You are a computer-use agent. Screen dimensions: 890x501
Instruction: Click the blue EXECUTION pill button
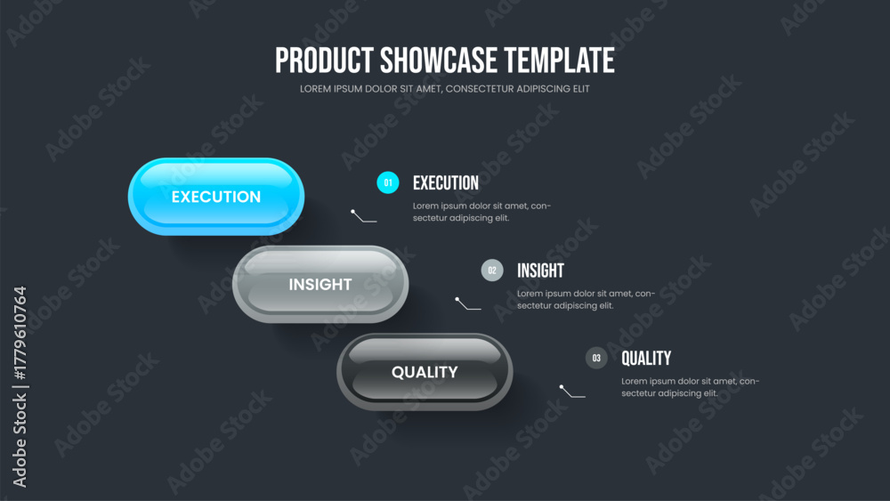pos(216,197)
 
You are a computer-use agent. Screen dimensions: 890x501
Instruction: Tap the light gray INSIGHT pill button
pos(320,284)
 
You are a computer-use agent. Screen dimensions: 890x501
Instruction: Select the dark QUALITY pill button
pos(425,372)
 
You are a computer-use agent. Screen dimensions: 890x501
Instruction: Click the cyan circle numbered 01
pos(388,182)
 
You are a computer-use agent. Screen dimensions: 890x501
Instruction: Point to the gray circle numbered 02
pos(492,270)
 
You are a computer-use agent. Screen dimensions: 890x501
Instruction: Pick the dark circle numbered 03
pos(596,358)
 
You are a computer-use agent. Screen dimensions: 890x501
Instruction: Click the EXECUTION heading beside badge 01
pos(446,182)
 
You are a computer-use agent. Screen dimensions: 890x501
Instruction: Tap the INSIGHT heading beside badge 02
pos(540,271)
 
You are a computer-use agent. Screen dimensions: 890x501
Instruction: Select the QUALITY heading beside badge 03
pos(646,358)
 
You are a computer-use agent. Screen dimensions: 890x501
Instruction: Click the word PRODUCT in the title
pos(324,61)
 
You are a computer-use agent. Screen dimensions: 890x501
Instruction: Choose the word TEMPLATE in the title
pos(559,61)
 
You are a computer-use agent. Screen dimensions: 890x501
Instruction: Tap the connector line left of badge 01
pos(363,216)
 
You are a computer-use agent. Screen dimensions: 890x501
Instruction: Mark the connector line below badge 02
pos(468,303)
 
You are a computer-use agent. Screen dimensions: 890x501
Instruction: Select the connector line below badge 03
pos(572,392)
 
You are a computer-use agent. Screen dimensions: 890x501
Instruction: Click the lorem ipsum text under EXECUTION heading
pos(481,212)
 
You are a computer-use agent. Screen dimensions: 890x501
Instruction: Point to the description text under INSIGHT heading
pos(586,299)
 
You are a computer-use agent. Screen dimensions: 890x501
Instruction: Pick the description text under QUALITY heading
pos(691,387)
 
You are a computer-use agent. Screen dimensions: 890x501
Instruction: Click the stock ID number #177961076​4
pos(20,333)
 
